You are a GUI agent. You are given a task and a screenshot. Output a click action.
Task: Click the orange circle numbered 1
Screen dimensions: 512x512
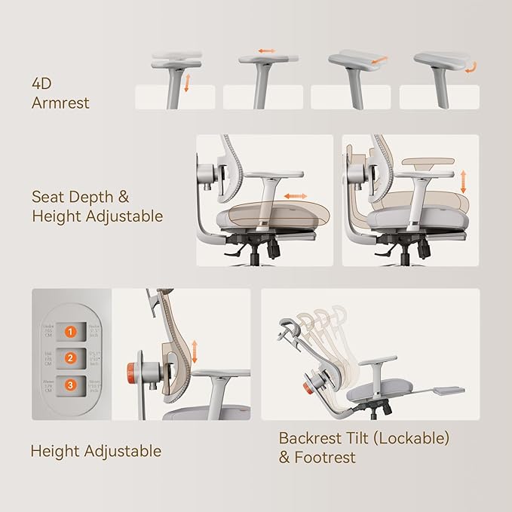pyautogui.click(x=70, y=331)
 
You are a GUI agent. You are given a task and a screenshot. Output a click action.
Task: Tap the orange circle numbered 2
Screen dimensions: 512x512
pyautogui.click(x=70, y=358)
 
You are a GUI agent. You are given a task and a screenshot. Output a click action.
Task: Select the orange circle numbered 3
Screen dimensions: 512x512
pyautogui.click(x=70, y=385)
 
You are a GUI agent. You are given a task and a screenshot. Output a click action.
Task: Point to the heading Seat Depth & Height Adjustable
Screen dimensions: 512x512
pyautogui.click(x=97, y=207)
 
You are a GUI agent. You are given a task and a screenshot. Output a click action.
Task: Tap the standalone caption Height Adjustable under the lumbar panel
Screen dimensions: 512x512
pyautogui.click(x=96, y=452)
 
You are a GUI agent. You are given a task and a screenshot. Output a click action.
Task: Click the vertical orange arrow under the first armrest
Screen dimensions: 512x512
pyautogui.click(x=187, y=83)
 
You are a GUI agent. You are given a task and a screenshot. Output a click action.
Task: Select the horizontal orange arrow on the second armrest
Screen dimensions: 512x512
pyautogui.click(x=268, y=51)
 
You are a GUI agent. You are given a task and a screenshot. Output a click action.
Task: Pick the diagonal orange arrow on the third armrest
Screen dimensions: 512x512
pyautogui.click(x=380, y=58)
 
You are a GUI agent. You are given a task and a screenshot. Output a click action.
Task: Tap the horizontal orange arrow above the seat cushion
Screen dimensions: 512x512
pyautogui.click(x=295, y=196)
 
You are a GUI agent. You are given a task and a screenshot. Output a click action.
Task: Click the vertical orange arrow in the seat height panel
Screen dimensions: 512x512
pyautogui.click(x=464, y=182)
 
